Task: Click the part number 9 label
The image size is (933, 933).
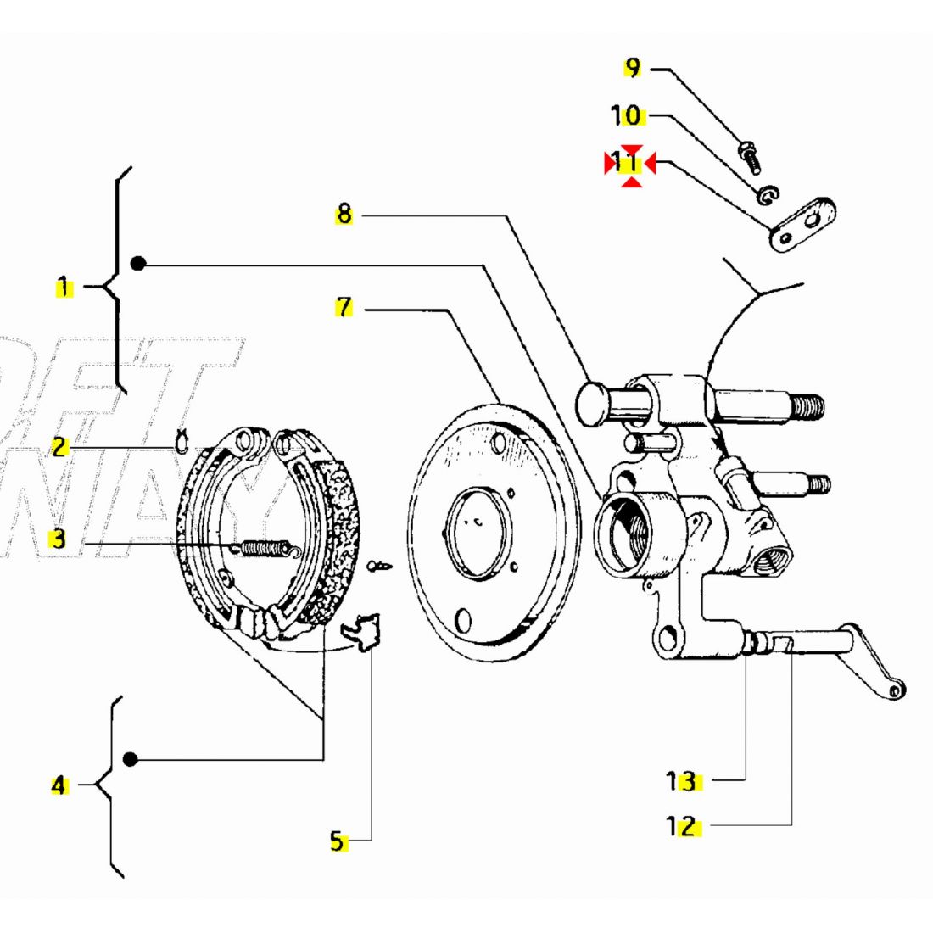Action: pyautogui.click(x=633, y=68)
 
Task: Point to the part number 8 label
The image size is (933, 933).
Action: pyautogui.click(x=344, y=214)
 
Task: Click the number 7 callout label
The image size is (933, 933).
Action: pyautogui.click(x=344, y=307)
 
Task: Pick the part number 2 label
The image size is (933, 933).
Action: pyautogui.click(x=59, y=447)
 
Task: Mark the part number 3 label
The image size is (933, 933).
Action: pyautogui.click(x=58, y=539)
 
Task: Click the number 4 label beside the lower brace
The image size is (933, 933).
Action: pyautogui.click(x=59, y=785)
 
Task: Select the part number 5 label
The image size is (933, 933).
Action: pyautogui.click(x=338, y=841)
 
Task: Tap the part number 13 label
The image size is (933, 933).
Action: pyautogui.click(x=681, y=781)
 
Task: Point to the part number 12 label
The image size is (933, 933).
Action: pyautogui.click(x=681, y=825)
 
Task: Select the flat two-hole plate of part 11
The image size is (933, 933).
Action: pyautogui.click(x=802, y=225)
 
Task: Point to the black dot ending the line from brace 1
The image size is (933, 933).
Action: pyautogui.click(x=138, y=264)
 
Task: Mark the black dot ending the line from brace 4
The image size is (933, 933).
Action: pyautogui.click(x=130, y=759)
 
